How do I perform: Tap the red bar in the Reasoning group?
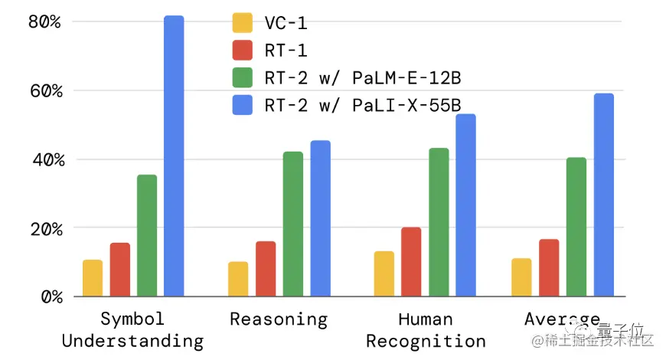266,269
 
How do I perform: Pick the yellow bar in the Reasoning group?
238,279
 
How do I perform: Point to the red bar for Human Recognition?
411,262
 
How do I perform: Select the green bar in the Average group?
576,227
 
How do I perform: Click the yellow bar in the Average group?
521,277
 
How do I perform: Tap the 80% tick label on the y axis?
44,21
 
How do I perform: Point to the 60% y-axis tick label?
44,90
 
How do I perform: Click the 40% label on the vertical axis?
44,159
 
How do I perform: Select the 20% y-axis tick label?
44,228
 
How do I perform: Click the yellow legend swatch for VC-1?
243,22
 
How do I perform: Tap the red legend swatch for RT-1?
243,50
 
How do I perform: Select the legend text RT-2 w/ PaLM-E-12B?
362,77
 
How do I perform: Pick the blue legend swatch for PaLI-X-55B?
243,105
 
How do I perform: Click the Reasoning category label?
279,319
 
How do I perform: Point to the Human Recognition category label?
426,330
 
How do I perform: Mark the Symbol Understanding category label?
132,330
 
